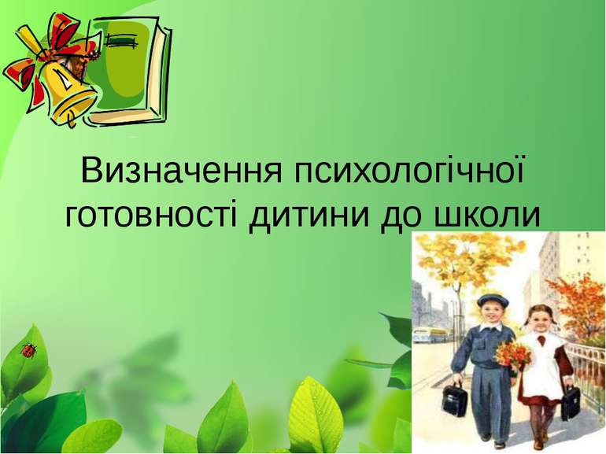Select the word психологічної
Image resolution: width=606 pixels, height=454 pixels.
coord(409,171)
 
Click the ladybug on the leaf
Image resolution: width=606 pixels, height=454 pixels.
coord(28,350)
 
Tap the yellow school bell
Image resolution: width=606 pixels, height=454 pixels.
coord(70,93)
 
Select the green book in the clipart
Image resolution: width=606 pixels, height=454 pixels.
coord(127,72)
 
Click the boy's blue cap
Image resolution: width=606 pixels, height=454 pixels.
coord(491,301)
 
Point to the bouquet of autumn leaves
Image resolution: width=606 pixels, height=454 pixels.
coord(513,356)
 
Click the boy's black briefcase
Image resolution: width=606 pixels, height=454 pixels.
coord(455,397)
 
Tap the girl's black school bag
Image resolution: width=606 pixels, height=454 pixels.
coord(571,402)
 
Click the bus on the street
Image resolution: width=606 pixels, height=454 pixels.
coord(430,334)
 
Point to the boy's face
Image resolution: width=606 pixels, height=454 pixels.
coord(492,315)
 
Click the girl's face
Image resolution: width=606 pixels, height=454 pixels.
coord(538,319)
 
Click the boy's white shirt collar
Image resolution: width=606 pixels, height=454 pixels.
coord(491,329)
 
